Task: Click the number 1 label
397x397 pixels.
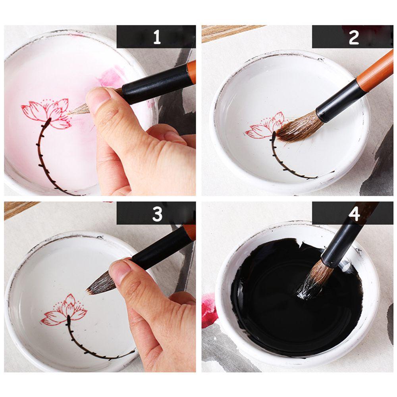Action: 157,37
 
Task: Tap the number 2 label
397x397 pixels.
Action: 353,37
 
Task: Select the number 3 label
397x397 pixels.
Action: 157,214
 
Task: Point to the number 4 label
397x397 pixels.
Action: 354,214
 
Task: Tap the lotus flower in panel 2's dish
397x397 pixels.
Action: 264,125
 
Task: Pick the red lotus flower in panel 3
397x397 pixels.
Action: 64,310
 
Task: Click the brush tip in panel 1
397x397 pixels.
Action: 79,110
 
